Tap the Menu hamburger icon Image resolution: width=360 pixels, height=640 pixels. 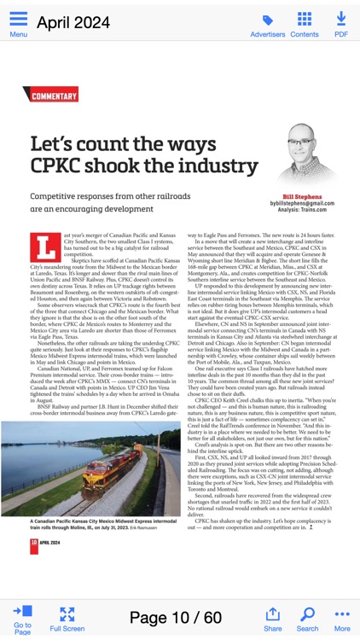tap(18, 19)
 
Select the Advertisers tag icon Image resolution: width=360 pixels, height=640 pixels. tap(267, 20)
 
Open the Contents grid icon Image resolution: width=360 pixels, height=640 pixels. tap(305, 19)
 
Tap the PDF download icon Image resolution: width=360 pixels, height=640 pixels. tap(341, 19)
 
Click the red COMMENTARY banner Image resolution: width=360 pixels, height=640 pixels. tap(53, 96)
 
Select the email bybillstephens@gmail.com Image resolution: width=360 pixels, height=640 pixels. tap(302, 204)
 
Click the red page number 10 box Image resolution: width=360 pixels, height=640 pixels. tap(33, 543)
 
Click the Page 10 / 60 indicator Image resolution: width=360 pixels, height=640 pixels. tap(175, 617)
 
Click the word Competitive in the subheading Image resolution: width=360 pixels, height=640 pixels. tap(60, 196)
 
